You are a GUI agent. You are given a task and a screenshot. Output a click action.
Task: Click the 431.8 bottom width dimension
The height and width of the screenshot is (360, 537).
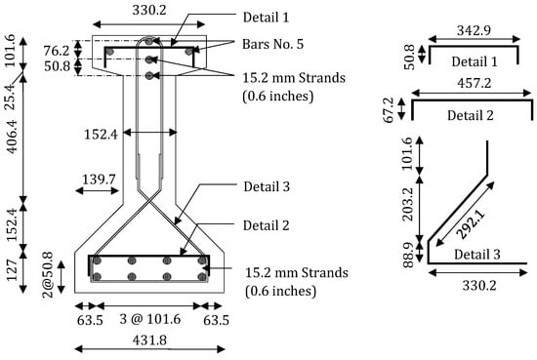pyautogui.click(x=149, y=340)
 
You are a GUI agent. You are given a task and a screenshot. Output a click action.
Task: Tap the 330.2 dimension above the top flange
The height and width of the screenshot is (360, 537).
pyautogui.click(x=149, y=10)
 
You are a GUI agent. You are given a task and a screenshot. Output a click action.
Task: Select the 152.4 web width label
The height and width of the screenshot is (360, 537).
pyautogui.click(x=101, y=134)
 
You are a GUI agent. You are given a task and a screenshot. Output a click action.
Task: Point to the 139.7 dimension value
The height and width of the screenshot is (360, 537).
pyautogui.click(x=99, y=179)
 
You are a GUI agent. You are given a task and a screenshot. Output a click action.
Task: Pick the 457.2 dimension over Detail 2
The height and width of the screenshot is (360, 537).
pyautogui.click(x=475, y=83)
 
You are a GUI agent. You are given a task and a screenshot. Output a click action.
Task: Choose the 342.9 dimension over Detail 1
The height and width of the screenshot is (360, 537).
pyautogui.click(x=474, y=30)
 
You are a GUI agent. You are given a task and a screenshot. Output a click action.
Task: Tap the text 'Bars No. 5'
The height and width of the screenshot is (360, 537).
pyautogui.click(x=273, y=44)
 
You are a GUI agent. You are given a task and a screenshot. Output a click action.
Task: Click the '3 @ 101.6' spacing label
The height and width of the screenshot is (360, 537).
pyautogui.click(x=150, y=319)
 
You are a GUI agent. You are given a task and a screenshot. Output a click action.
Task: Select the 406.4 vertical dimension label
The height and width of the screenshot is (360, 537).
pyautogui.click(x=12, y=137)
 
